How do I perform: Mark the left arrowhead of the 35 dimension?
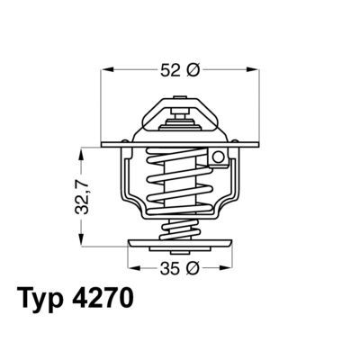(132, 267)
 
